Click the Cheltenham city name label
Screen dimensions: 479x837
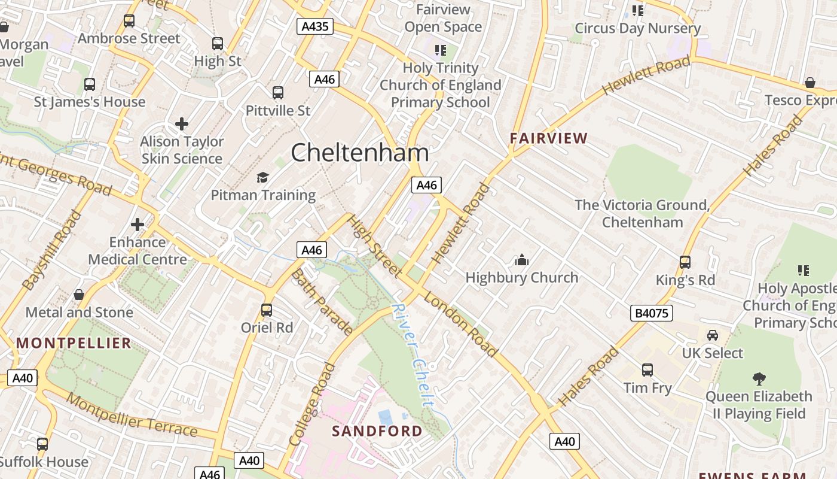click(x=359, y=153)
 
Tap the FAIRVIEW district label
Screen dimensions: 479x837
click(x=548, y=138)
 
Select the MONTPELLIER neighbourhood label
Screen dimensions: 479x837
click(x=74, y=343)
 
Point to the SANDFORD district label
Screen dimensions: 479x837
click(x=377, y=431)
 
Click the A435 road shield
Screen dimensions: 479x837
click(x=314, y=26)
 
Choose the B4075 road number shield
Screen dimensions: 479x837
click(x=651, y=313)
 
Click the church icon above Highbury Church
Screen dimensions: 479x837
click(x=522, y=260)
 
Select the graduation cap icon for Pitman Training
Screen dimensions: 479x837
click(x=262, y=177)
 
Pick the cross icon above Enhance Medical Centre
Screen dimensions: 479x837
click(x=138, y=225)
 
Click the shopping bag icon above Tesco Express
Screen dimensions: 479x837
click(x=809, y=83)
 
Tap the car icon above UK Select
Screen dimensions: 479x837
click(x=712, y=335)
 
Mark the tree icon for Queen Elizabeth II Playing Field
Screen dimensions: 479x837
click(x=759, y=378)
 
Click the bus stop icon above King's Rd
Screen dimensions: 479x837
click(x=685, y=262)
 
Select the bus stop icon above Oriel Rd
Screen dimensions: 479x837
click(x=267, y=310)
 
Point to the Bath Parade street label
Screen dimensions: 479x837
click(x=321, y=302)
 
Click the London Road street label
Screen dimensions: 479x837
click(x=460, y=325)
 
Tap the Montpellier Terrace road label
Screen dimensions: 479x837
click(x=132, y=415)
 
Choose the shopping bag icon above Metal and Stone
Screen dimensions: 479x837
click(x=78, y=295)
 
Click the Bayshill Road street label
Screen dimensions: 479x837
click(x=52, y=250)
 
